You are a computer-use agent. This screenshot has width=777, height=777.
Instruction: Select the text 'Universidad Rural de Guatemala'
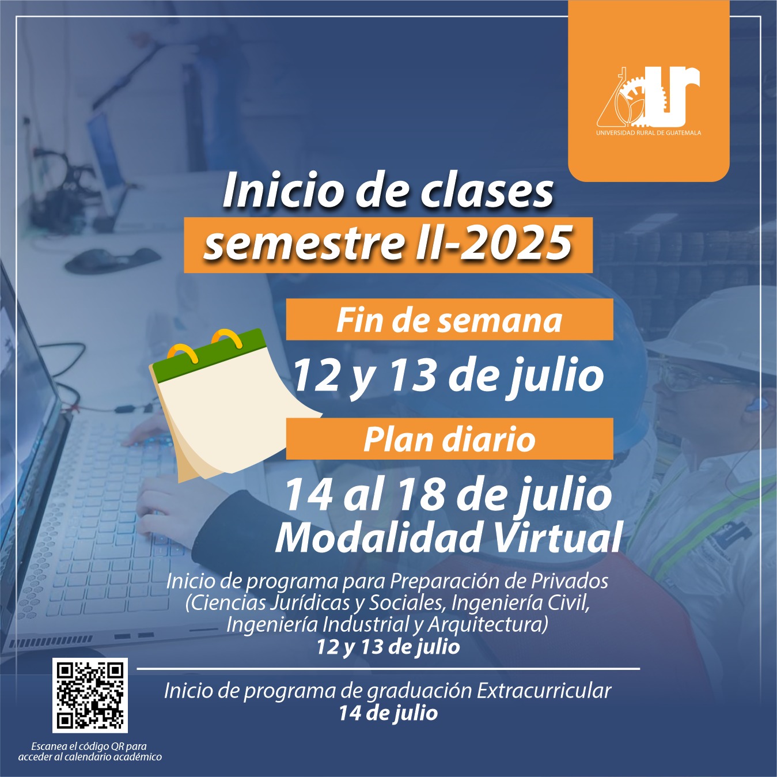click(x=649, y=132)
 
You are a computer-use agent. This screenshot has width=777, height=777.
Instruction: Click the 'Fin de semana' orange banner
click(x=450, y=319)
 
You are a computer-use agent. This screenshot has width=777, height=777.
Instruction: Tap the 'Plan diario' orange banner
click(x=450, y=439)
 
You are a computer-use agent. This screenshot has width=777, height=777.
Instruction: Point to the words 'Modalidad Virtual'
click(x=448, y=537)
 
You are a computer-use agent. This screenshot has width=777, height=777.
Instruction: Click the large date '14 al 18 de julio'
click(x=448, y=495)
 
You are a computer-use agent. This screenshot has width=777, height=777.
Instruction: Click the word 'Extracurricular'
click(x=544, y=691)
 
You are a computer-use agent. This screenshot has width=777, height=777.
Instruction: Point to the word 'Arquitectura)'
click(x=488, y=624)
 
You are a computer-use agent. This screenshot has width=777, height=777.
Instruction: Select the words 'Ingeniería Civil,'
click(x=521, y=603)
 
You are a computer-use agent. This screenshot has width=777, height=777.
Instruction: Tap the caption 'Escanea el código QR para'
click(x=89, y=746)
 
